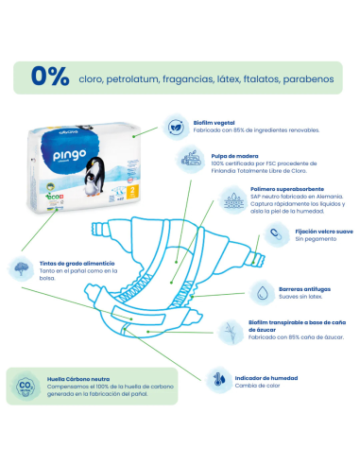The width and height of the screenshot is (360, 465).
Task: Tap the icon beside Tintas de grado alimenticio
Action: [21, 268]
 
